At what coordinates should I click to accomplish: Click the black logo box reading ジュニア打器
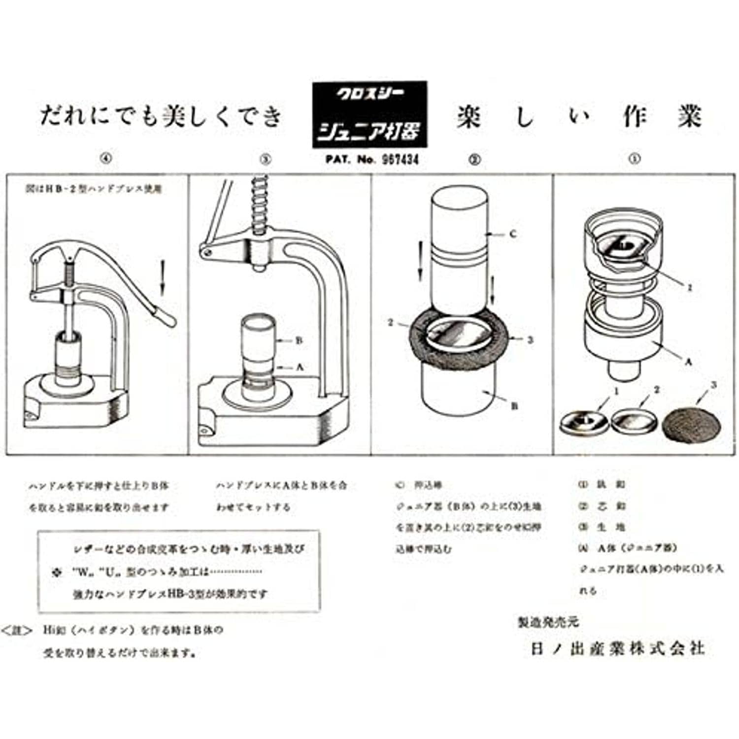369,115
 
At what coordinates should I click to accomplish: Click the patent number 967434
400,160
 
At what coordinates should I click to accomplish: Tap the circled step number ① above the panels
635,159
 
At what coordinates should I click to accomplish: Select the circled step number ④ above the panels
106,159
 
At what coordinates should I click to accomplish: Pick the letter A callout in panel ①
689,361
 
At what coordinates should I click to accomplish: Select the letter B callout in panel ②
514,406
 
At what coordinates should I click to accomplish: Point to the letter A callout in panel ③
300,367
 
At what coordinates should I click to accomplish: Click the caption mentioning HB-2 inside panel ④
94,189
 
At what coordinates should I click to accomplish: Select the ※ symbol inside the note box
57,572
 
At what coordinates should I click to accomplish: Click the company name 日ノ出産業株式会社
617,648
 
